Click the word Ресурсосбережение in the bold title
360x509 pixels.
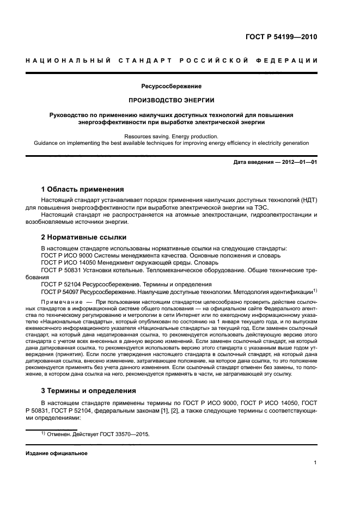point(172,86)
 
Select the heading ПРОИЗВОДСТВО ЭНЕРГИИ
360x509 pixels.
point(172,101)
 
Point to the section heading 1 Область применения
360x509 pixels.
point(82,189)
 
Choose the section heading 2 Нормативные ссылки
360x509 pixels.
point(84,237)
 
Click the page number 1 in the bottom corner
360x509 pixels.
point(315,463)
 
